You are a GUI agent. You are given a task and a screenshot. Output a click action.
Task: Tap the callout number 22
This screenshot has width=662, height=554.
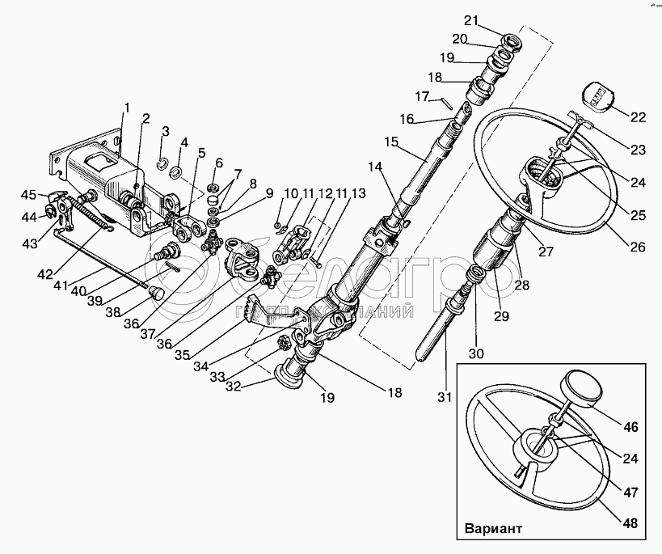[639, 116]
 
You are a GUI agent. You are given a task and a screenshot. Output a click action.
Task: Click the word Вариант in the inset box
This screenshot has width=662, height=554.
[495, 532]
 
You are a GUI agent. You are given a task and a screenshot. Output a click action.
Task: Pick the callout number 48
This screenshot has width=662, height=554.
[629, 522]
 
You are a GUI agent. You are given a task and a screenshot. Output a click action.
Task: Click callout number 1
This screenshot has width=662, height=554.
[127, 107]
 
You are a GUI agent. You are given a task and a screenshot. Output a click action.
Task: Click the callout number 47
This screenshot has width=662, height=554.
[631, 489]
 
